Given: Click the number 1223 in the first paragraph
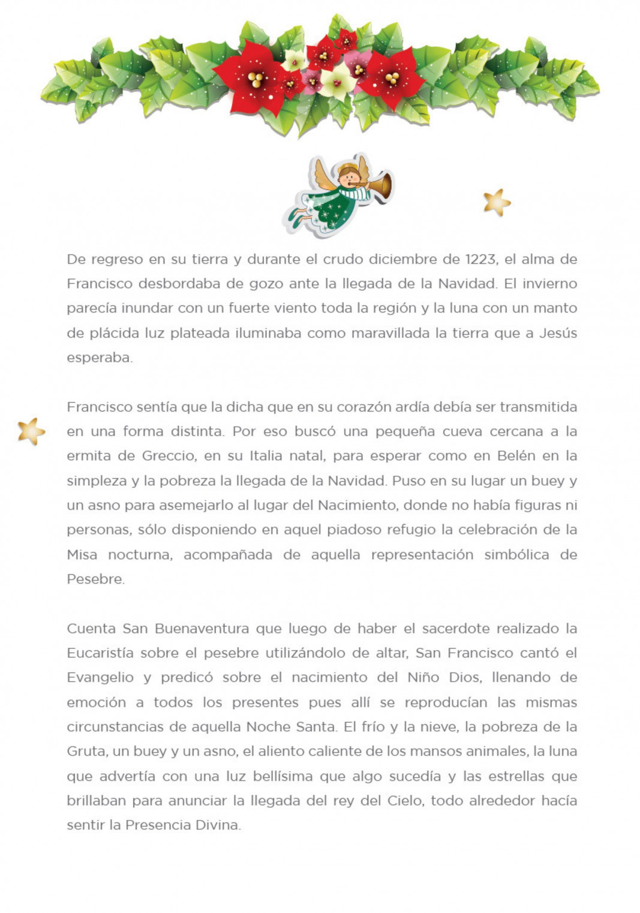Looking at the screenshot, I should [480, 259].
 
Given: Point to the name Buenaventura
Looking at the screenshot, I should [202, 629].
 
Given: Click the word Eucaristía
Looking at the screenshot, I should [100, 653].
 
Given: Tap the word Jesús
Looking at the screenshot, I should [558, 333].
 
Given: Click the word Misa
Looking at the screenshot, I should [82, 554].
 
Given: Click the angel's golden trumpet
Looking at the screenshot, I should [381, 185].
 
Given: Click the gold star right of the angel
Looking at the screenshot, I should [497, 203].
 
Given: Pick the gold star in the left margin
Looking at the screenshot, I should [31, 431].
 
